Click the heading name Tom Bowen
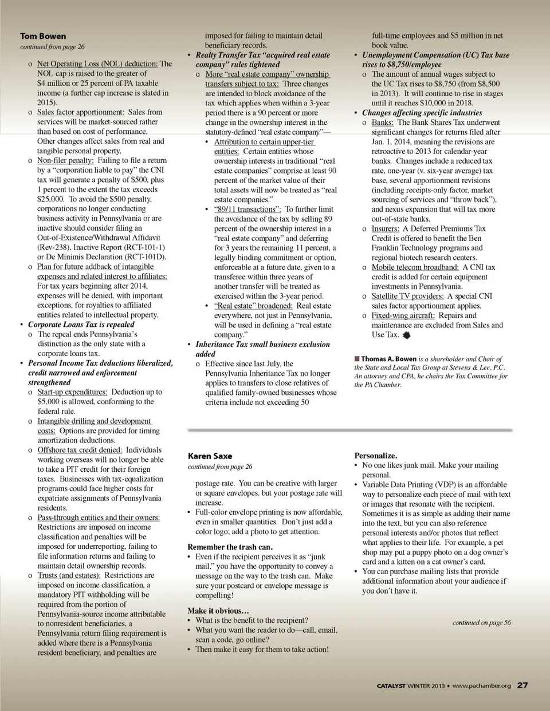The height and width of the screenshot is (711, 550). click(x=43, y=36)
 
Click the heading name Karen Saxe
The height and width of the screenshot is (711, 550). click(x=210, y=456)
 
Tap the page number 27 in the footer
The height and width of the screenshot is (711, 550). click(x=522, y=685)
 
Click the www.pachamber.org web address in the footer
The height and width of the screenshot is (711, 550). click(x=481, y=686)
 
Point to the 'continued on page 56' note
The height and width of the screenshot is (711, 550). click(x=481, y=622)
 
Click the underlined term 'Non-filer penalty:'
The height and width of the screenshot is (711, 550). click(x=66, y=161)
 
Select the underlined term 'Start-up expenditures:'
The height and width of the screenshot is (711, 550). click(x=72, y=392)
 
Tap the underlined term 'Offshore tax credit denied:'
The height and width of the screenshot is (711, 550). click(x=80, y=450)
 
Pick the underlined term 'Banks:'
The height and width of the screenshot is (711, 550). click(x=382, y=123)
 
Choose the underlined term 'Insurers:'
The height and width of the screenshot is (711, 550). click(x=385, y=228)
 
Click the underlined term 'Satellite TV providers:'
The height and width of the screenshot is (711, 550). click(x=407, y=296)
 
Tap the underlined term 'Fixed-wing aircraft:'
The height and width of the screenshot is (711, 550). click(x=403, y=315)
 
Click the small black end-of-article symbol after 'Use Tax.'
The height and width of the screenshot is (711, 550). click(x=407, y=335)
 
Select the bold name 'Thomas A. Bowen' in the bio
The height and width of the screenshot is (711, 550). click(x=388, y=359)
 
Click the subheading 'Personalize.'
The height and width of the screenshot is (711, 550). click(x=375, y=456)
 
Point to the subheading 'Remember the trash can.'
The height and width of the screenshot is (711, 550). click(x=230, y=547)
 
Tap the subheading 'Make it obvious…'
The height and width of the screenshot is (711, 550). click(x=218, y=611)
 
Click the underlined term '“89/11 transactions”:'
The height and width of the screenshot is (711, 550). click(x=247, y=210)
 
